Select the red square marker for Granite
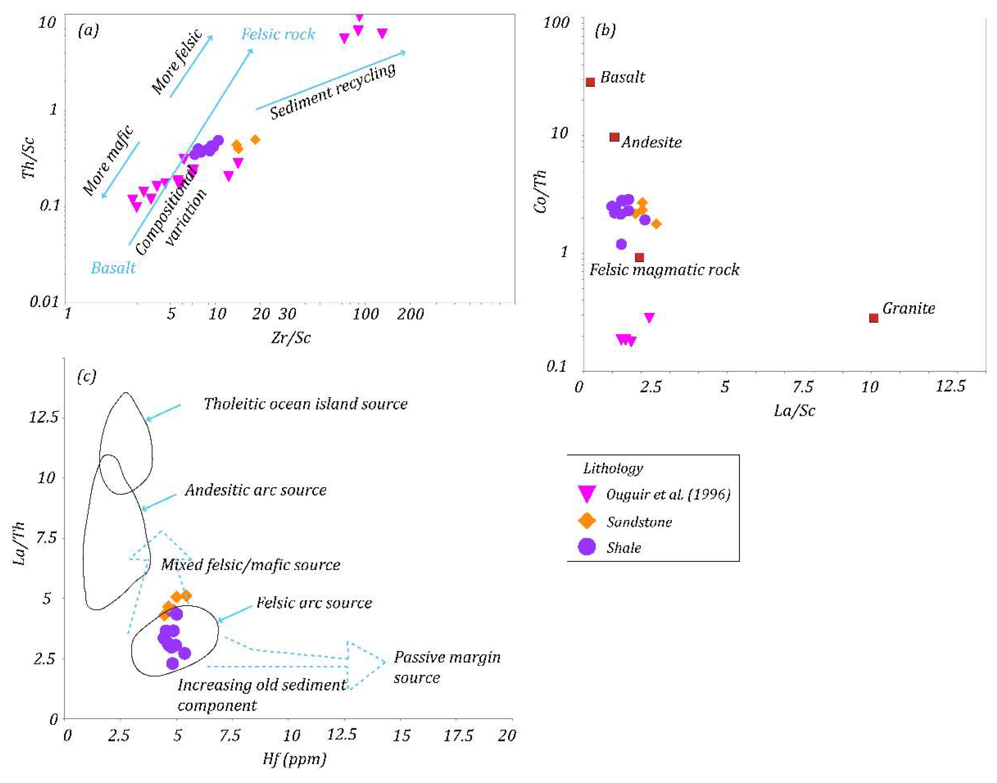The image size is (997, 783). [874, 318]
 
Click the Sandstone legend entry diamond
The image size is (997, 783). [587, 521]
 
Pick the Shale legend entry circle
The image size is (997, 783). [587, 546]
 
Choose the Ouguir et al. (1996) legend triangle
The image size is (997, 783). [587, 493]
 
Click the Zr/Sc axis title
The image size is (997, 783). [291, 338]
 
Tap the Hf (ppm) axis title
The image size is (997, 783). [294, 759]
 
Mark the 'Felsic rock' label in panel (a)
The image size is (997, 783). [278, 34]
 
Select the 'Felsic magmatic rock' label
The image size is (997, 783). [664, 270]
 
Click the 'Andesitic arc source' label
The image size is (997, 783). [255, 490]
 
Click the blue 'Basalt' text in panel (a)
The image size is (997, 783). [113, 268]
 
